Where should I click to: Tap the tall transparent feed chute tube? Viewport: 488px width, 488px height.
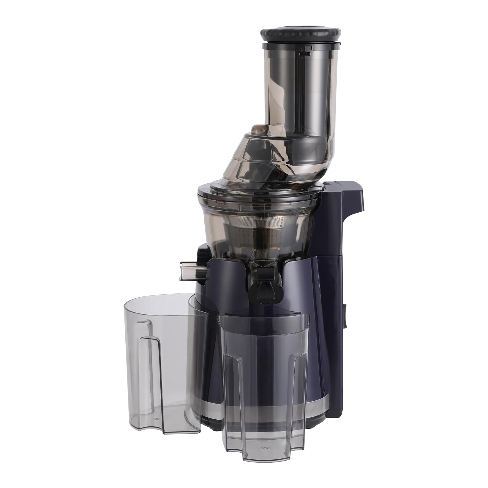coord(300,91)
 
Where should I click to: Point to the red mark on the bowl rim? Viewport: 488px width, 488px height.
coord(221,203)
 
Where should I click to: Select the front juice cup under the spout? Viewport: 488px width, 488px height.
coord(264,381)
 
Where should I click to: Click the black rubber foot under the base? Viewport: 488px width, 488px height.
coord(215,427)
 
